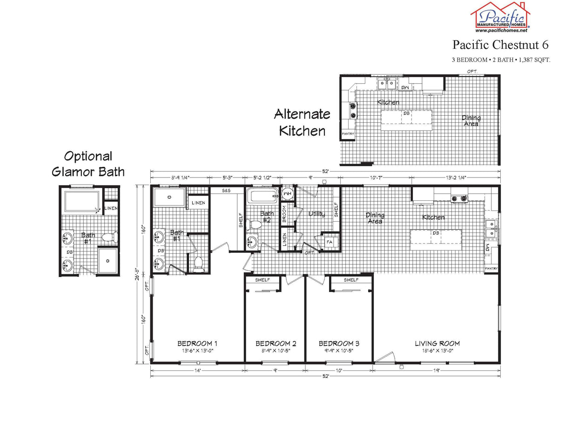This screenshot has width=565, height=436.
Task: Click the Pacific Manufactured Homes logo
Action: pos(500,17)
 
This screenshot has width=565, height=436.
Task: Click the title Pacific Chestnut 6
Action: pos(500,45)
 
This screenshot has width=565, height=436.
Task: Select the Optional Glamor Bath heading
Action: pos(88,164)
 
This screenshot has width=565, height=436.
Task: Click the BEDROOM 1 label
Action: pos(197,344)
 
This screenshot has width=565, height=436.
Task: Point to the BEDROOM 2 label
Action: pos(276,344)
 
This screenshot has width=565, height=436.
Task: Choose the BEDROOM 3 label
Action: pos(339,344)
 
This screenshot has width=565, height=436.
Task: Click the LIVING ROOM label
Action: pos(437,344)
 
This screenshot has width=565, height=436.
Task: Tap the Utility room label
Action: pos(317,214)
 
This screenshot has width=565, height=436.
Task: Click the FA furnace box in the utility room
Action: pos(329,242)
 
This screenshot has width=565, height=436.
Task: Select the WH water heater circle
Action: pos(288,193)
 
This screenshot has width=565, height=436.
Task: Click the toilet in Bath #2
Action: pos(256,225)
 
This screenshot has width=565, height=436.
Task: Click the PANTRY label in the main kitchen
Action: pos(491,269)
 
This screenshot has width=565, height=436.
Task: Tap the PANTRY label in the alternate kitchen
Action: pos(348,134)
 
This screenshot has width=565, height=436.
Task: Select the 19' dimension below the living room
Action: pos(437,370)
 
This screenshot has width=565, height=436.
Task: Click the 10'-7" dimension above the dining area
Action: pos(375,177)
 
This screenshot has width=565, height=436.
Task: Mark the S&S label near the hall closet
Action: pos(226,191)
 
